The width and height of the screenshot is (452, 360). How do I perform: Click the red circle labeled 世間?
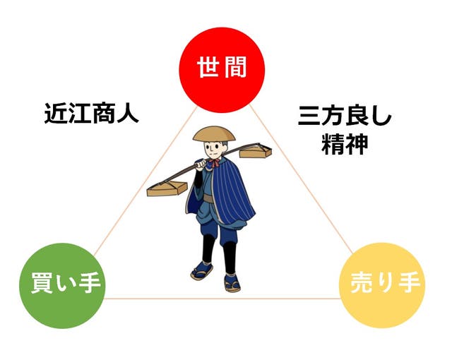pos(222,70)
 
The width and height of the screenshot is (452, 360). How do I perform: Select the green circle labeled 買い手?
pos(62,286)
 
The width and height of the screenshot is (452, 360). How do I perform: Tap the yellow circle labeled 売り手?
pos(382,285)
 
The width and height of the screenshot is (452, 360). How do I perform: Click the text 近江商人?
pos(91,113)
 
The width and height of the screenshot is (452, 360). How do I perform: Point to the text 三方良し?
pos(345,116)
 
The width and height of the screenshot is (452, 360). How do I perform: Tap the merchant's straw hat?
pos(214,133)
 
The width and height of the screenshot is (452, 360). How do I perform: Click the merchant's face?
pos(213,149)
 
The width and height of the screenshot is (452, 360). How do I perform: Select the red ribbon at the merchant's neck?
pos(215,163)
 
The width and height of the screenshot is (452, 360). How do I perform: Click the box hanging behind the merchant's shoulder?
pos(256,151)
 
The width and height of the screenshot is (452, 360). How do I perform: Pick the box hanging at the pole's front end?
pos(167,188)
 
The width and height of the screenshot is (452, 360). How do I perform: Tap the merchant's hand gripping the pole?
pos(201,164)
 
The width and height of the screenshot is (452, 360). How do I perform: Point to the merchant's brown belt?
pos(209,198)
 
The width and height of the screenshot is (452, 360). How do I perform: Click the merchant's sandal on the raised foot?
pos(202,272)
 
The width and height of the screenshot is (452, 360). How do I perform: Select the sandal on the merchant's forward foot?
pos(232,283)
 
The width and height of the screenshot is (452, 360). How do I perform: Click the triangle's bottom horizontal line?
pos(222,299)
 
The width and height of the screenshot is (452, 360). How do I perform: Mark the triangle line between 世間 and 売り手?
pos(302,179)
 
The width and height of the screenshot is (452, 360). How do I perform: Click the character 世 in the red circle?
pos(208,67)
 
